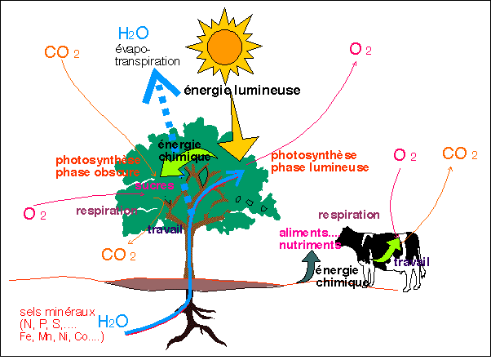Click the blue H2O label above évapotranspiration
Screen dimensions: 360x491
click(x=134, y=33)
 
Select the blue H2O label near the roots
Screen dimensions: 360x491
click(x=113, y=321)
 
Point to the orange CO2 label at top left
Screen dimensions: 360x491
click(x=62, y=54)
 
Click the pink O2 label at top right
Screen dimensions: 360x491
click(x=360, y=49)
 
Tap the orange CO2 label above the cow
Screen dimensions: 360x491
click(x=460, y=154)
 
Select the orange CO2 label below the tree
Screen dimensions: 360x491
click(x=119, y=255)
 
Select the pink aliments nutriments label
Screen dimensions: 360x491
click(x=307, y=239)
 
